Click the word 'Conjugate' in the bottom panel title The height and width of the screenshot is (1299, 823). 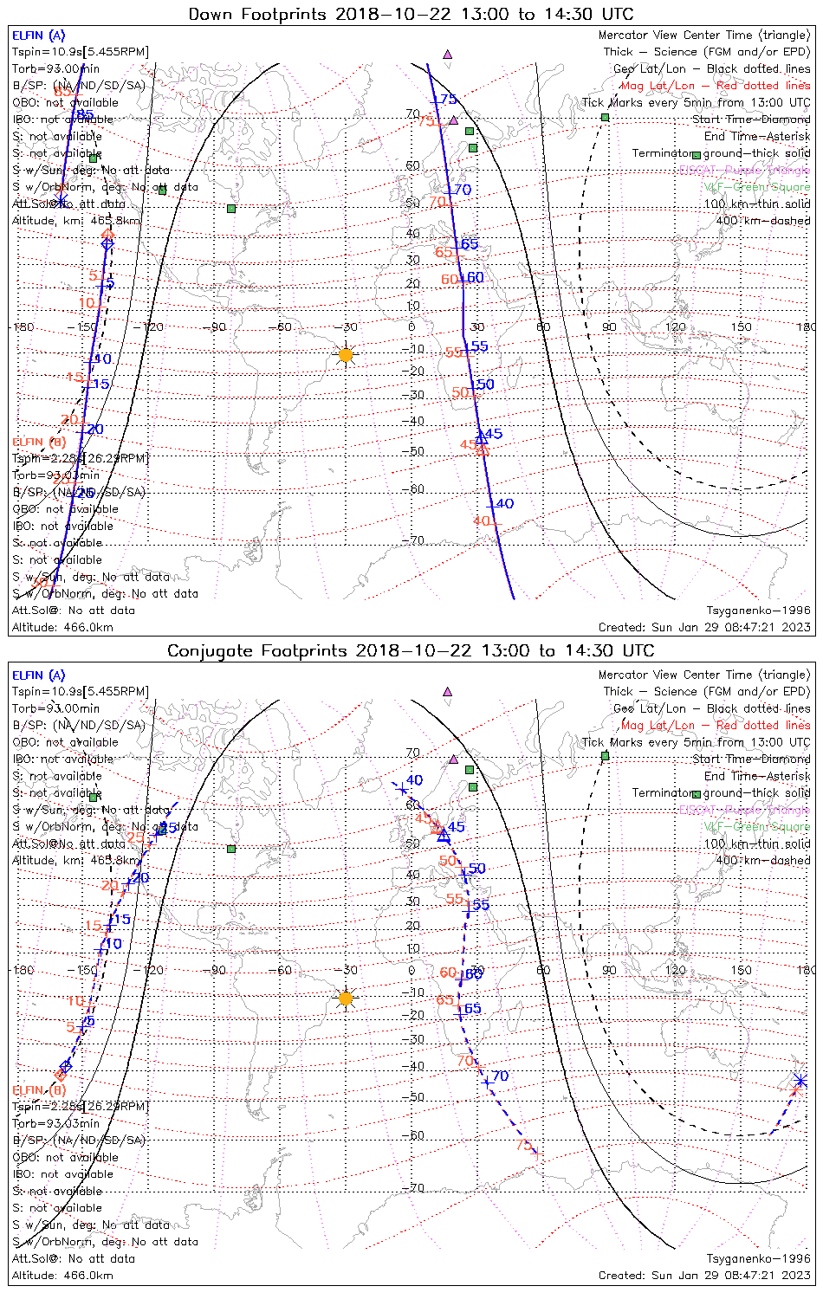click(x=209, y=650)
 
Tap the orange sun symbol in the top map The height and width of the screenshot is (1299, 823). click(x=346, y=354)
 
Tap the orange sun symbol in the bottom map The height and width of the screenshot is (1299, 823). click(x=346, y=998)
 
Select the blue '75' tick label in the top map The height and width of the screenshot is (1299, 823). click(x=448, y=100)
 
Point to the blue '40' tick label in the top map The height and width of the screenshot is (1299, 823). click(x=504, y=503)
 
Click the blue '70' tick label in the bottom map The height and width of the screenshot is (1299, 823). click(x=500, y=1076)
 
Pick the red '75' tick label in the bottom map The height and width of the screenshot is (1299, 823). click(x=523, y=1145)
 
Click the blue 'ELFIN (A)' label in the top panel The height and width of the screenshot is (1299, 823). click(x=38, y=36)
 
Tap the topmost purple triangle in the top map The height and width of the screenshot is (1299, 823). click(x=447, y=54)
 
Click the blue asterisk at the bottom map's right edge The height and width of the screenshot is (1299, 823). click(x=800, y=1080)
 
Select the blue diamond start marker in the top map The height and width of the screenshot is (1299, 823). click(x=107, y=244)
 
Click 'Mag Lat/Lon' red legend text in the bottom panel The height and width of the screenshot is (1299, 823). click(x=658, y=725)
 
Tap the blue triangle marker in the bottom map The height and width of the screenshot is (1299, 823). click(x=444, y=836)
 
